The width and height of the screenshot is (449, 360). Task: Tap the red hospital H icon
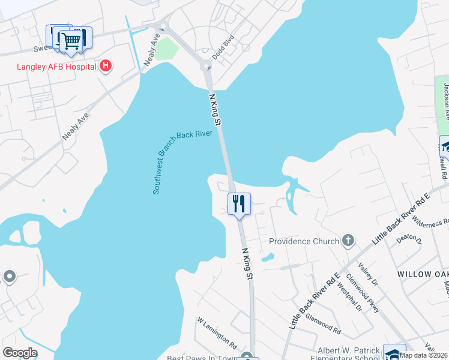(106, 66)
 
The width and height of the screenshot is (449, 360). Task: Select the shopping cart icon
(71, 40)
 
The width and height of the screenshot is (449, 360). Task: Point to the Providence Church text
(304, 241)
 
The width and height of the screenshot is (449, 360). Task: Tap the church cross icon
(348, 241)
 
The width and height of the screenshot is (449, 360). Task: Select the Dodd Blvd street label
(222, 46)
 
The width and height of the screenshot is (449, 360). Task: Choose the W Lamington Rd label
(217, 333)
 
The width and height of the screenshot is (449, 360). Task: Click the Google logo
(20, 353)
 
